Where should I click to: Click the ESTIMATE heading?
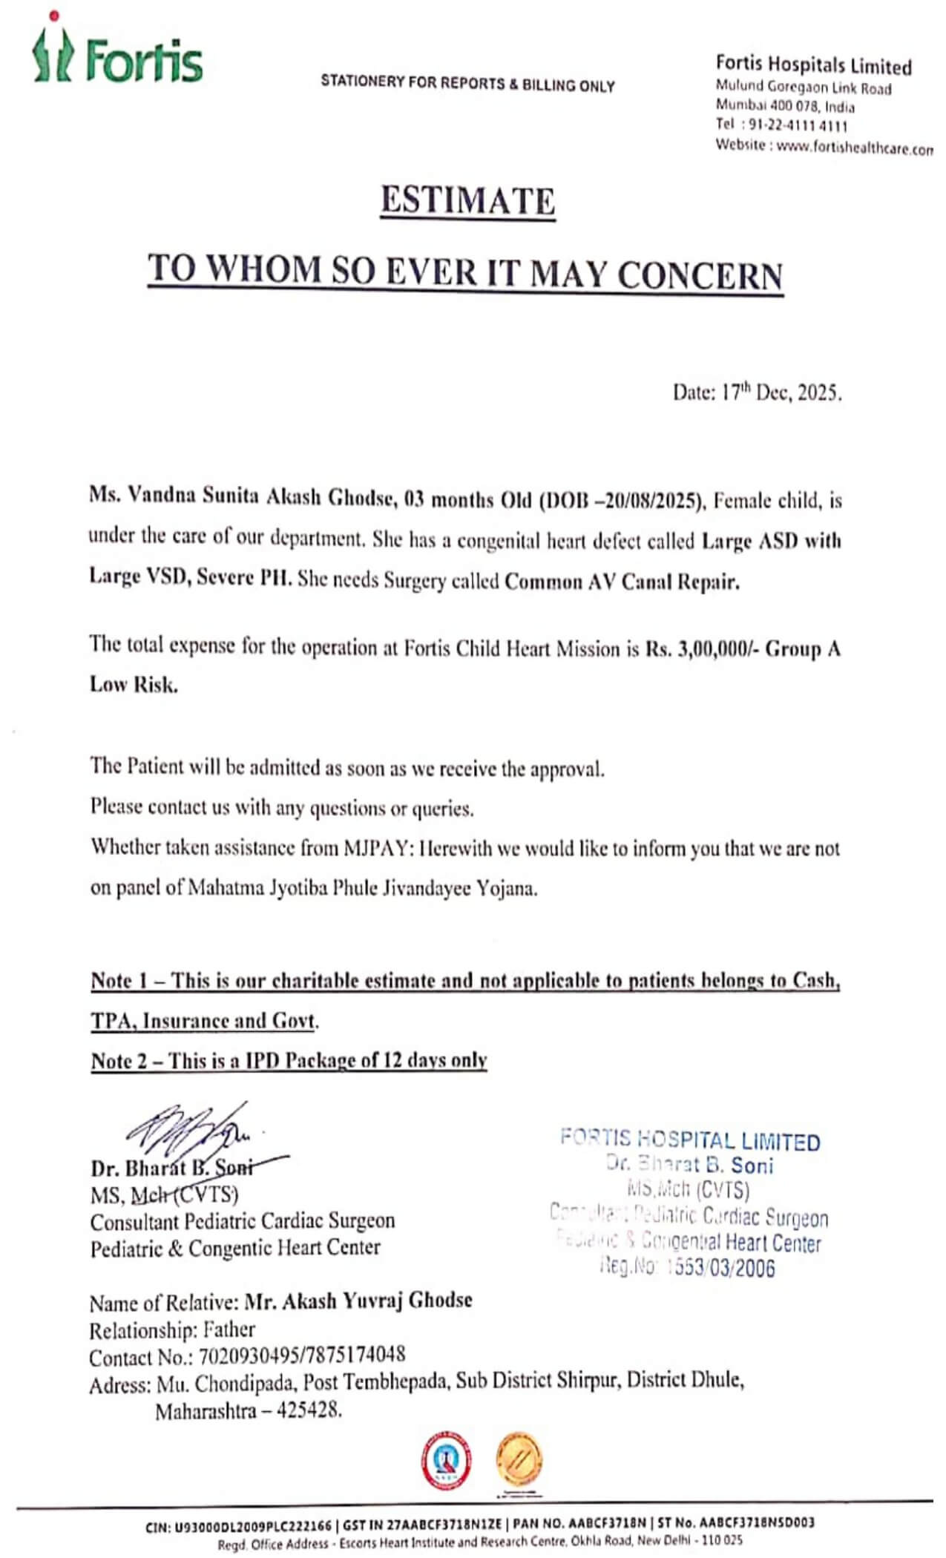(x=467, y=201)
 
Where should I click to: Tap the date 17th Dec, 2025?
(x=778, y=392)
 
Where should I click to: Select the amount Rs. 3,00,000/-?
(x=702, y=649)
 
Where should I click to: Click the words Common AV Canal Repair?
(x=622, y=582)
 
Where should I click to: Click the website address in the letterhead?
(x=853, y=148)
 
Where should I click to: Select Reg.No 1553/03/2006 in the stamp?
(x=687, y=1267)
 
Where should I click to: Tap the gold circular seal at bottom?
(x=519, y=1460)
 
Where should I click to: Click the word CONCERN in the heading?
(x=700, y=275)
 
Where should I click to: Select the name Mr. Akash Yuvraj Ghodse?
(x=358, y=1301)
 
